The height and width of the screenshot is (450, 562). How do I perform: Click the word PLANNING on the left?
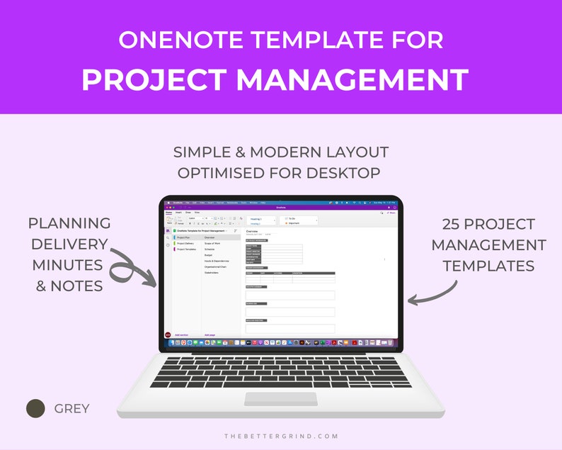[69, 224]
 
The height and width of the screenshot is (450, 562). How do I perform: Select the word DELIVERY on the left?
[69, 245]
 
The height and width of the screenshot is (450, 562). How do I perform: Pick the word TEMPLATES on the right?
[488, 266]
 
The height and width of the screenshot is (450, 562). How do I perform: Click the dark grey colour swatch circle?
[35, 408]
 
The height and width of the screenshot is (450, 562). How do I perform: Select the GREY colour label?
[71, 409]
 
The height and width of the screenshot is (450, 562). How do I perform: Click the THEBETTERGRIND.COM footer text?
[281, 437]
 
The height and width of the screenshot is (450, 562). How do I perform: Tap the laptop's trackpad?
[281, 399]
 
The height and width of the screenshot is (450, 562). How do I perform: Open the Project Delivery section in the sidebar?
[185, 243]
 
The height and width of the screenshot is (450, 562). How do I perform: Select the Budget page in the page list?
[210, 255]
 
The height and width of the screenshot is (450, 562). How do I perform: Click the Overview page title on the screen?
[252, 232]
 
